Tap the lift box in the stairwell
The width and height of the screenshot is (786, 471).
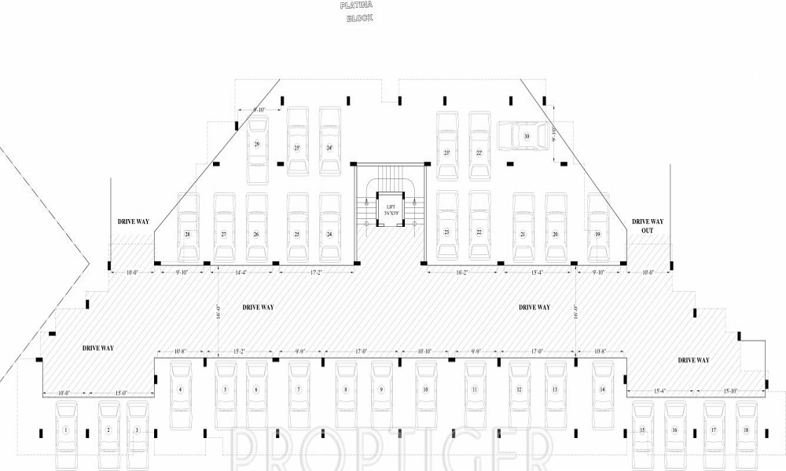click(388, 210)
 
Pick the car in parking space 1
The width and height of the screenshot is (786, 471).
click(67, 429)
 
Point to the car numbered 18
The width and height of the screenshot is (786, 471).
click(746, 429)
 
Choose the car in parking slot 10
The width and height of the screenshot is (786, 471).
click(425, 389)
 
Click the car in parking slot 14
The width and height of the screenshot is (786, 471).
click(602, 389)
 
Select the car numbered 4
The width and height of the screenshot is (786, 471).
click(181, 389)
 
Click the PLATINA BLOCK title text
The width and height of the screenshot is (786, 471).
click(357, 11)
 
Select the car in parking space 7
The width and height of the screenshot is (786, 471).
click(299, 389)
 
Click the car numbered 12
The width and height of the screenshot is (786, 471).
click(520, 389)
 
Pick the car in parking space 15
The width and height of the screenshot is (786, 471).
click(642, 429)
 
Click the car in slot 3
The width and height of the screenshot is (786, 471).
click(138, 429)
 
